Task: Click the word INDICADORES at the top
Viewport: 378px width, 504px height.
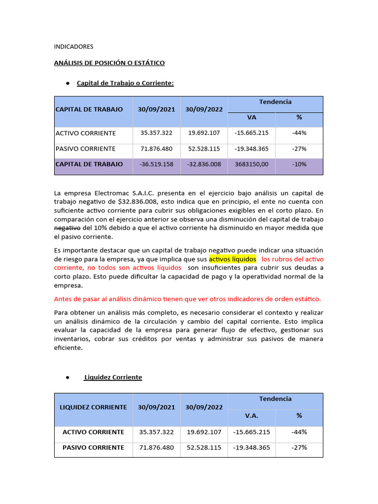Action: pyautogui.click(x=73, y=47)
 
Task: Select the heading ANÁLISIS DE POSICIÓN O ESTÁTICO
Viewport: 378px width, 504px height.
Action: pyautogui.click(x=109, y=63)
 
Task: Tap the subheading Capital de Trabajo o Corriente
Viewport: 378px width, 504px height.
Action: pyautogui.click(x=125, y=83)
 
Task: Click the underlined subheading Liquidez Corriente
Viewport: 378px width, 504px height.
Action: pyautogui.click(x=113, y=377)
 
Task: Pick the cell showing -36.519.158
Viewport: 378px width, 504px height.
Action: pyautogui.click(x=157, y=164)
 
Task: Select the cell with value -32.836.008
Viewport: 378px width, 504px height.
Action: pyautogui.click(x=204, y=164)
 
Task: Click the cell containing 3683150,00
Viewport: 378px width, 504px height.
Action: pyautogui.click(x=252, y=164)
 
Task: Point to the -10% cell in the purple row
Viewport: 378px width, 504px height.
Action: pyautogui.click(x=299, y=164)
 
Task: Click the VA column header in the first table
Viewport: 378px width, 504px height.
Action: pyautogui.click(x=252, y=118)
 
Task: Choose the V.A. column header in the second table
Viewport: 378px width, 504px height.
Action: pyautogui.click(x=252, y=415)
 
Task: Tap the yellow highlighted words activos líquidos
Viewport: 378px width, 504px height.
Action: pyautogui.click(x=233, y=258)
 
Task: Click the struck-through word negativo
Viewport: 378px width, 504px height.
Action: pyautogui.click(x=67, y=228)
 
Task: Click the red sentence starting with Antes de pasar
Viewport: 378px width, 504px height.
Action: pyautogui.click(x=187, y=299)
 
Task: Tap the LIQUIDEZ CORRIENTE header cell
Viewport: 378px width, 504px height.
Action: pyautogui.click(x=93, y=407)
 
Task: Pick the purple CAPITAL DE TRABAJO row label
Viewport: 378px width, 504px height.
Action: pyautogui.click(x=89, y=164)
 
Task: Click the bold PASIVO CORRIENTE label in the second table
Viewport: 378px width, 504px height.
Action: pyautogui.click(x=93, y=448)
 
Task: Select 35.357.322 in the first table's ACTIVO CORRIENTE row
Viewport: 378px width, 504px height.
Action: pyautogui.click(x=157, y=133)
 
